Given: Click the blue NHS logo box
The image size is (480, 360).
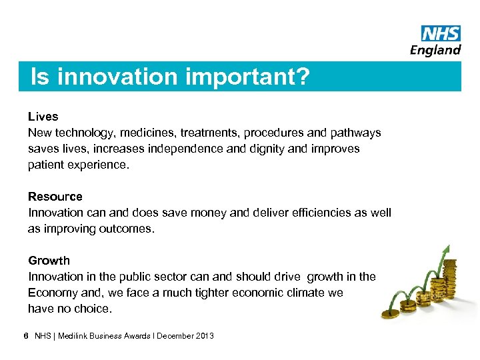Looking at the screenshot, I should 441,33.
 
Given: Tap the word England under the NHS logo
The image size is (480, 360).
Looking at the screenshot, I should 435,50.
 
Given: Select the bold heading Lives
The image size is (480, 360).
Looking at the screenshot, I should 43,117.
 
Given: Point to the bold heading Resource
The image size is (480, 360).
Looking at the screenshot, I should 55,197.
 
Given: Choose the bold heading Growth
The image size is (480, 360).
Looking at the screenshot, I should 49,261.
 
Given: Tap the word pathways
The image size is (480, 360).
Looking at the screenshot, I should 355,133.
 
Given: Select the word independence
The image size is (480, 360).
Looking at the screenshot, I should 188,149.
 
